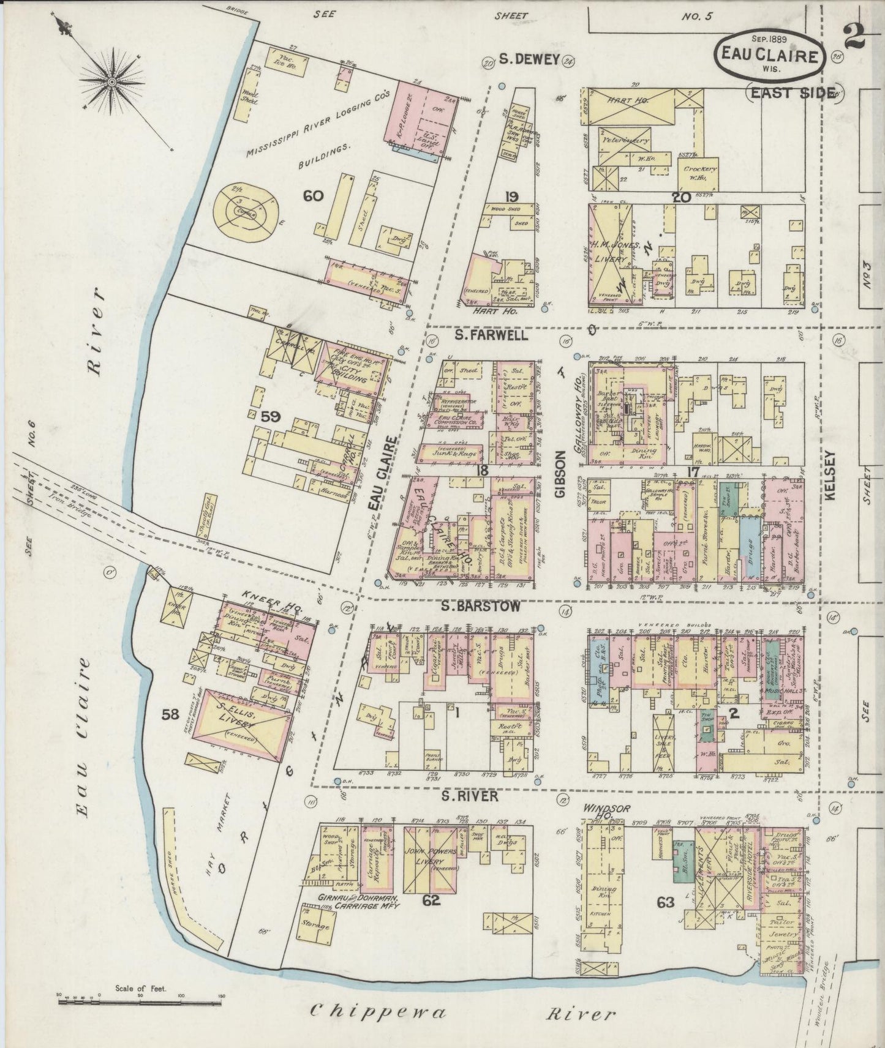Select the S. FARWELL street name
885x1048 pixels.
(x=488, y=336)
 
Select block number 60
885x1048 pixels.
(x=312, y=196)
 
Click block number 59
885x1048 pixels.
(x=270, y=416)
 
